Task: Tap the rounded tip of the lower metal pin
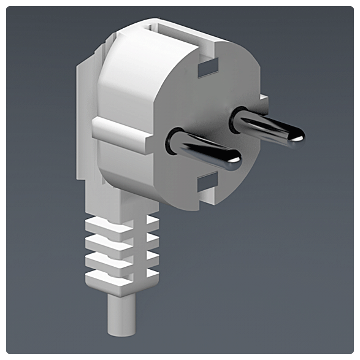pyautogui.click(x=234, y=161)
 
